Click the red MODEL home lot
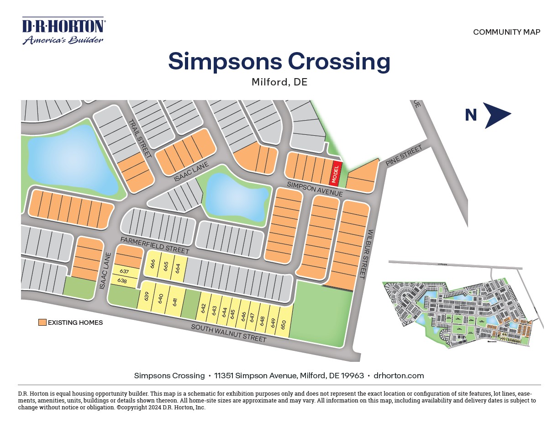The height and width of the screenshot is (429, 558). tap(336, 173)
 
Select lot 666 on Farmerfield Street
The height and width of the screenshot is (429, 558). tap(153, 265)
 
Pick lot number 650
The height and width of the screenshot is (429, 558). tap(284, 325)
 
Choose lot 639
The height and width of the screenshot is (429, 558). tap(147, 297)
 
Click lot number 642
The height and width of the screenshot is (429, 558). tap(204, 308)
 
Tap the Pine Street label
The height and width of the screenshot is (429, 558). tap(402, 156)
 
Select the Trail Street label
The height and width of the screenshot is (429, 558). tap(140, 138)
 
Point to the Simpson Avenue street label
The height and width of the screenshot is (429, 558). tap(315, 189)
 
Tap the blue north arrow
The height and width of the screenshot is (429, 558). tap(496, 115)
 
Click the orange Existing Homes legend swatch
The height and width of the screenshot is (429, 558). tap(42, 323)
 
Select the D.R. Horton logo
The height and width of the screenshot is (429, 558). tap(64, 31)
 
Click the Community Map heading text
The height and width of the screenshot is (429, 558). tap(506, 32)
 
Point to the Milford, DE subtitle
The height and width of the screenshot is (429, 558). tap(279, 82)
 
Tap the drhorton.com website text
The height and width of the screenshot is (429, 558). tap(399, 376)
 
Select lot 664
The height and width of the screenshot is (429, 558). tap(178, 268)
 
